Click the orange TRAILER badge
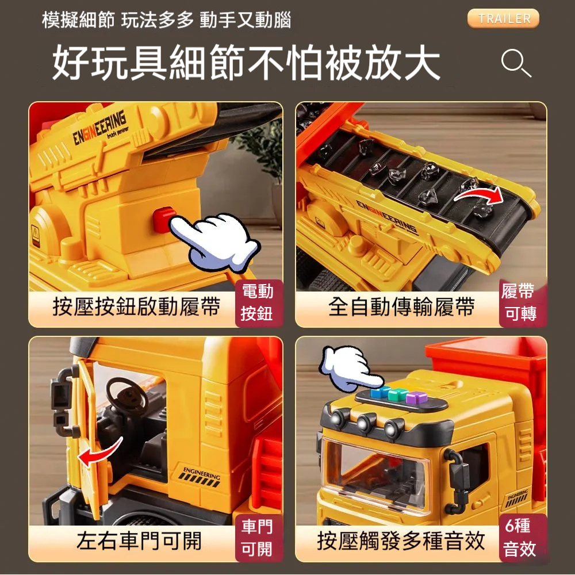click(503, 18)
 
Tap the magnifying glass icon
click(515, 63)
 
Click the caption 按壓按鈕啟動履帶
click(136, 306)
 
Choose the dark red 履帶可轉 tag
click(522, 303)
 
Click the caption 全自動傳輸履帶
click(401, 306)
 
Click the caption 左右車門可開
click(139, 540)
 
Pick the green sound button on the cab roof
click(397, 394)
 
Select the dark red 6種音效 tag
click(522, 538)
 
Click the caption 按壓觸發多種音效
click(401, 540)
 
